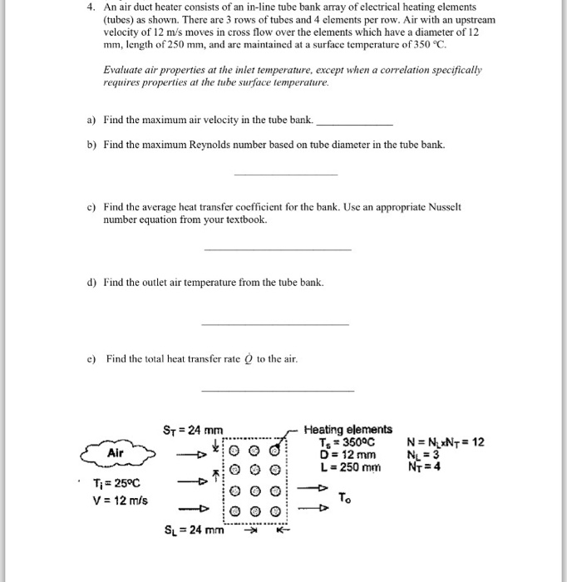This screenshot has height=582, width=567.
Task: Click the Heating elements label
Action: click(x=348, y=429)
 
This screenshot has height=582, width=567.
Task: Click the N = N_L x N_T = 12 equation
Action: click(x=447, y=442)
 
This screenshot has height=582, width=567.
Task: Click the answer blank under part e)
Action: click(x=278, y=390)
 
